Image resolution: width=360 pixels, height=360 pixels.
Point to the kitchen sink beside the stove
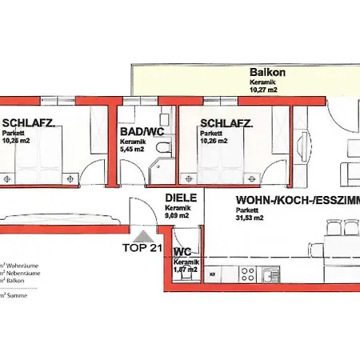tap(268, 275)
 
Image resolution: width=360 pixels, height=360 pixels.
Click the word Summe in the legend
tap(15, 295)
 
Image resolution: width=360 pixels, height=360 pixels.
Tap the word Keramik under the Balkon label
tap(259, 81)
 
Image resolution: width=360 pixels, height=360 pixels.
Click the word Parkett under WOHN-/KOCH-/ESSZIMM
tap(246, 211)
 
